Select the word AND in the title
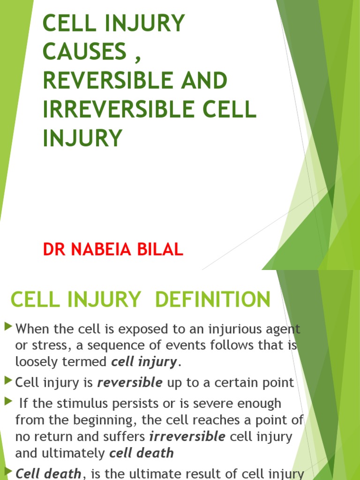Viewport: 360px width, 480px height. pos(202,81)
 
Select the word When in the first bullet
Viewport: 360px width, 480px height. pos(31,329)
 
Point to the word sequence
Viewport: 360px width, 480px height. pos(125,346)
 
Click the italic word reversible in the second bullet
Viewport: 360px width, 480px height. pos(129,383)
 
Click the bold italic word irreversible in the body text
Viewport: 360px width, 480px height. pos(187,437)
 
